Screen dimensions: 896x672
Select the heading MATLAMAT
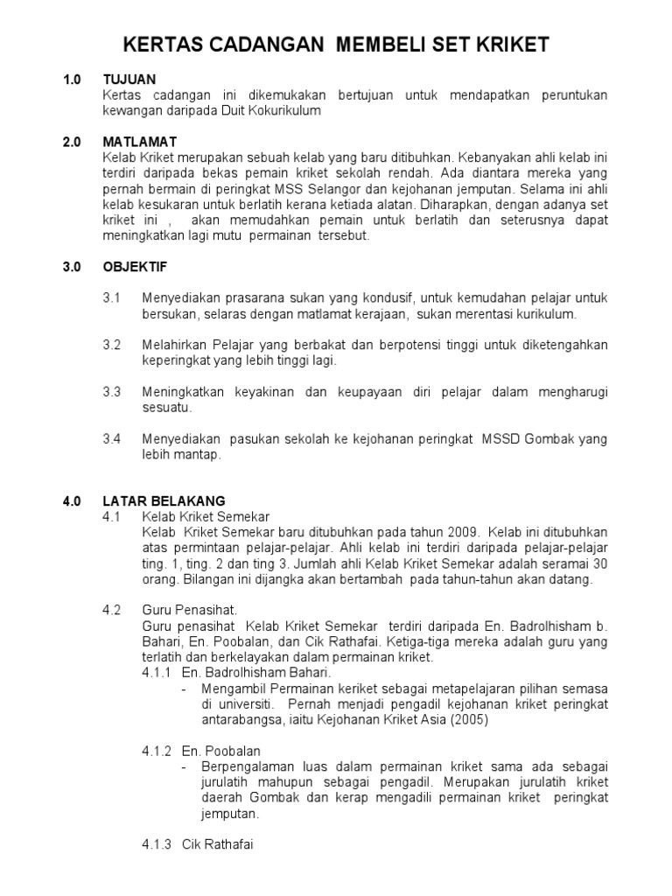[x=139, y=141]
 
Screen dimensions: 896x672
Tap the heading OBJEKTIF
[x=134, y=265]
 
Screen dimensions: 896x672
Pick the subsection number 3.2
[x=111, y=345]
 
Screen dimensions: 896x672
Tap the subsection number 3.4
[x=111, y=438]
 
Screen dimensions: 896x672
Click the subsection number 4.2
[x=111, y=610]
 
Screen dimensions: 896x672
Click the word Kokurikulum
[x=285, y=110]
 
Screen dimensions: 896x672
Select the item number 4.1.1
[x=157, y=673]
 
